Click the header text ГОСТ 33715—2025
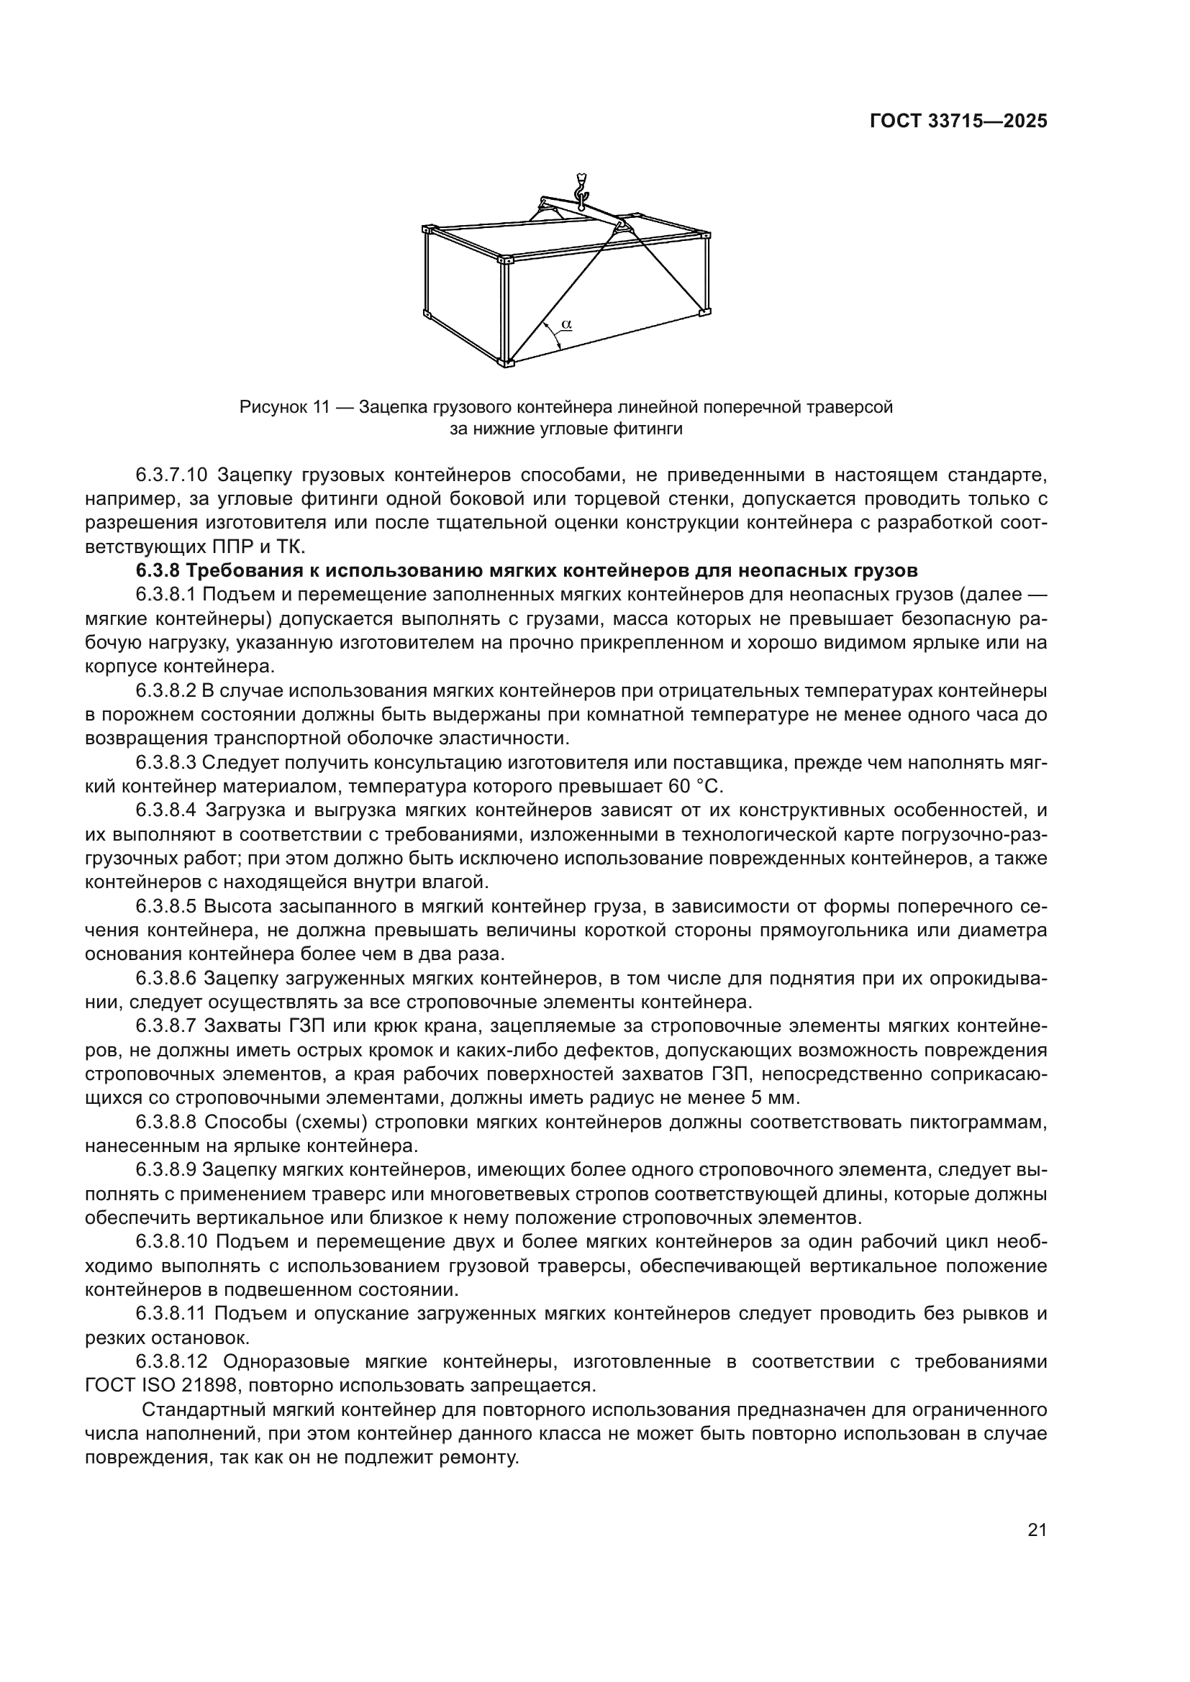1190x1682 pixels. pos(958,122)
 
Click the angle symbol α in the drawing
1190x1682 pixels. pos(566,323)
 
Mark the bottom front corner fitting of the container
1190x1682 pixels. pos(507,361)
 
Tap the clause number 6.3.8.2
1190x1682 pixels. pos(165,691)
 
